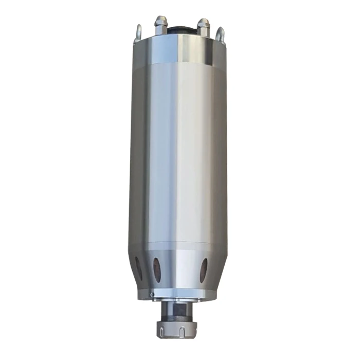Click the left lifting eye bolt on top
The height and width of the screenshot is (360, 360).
138,32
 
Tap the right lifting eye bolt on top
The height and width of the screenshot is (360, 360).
221,34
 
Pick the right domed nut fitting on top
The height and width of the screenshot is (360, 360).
204,25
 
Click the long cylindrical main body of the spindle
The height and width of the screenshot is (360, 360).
180,154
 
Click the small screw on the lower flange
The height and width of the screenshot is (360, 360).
153,294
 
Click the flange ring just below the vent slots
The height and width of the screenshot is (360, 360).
180,295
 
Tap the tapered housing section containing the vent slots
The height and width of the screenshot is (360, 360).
180,267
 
